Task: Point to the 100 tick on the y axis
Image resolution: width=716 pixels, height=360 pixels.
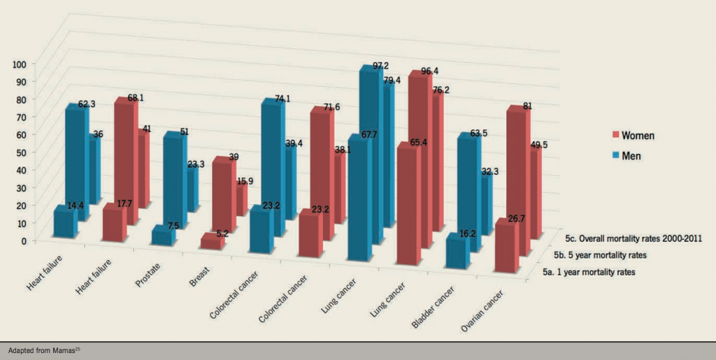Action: tap(19, 64)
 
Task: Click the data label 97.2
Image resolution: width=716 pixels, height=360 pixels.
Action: tap(380, 66)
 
